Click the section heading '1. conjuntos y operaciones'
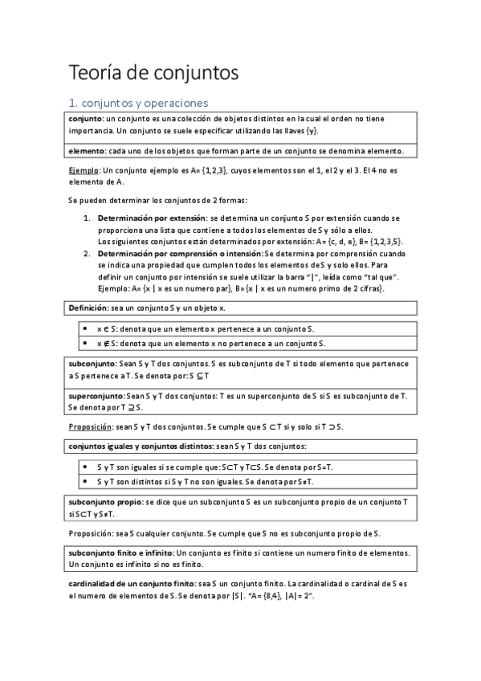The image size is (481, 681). (x=137, y=103)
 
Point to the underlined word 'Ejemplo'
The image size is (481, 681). (x=84, y=170)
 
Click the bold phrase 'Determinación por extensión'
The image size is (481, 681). (x=151, y=218)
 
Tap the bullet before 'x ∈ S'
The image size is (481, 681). (x=86, y=329)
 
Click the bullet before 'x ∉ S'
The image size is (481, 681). (x=86, y=343)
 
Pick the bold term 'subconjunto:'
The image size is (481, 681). (x=93, y=363)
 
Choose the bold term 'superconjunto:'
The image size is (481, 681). (x=97, y=395)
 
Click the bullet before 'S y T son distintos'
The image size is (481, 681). (x=86, y=481)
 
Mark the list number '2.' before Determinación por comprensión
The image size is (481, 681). (x=88, y=253)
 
